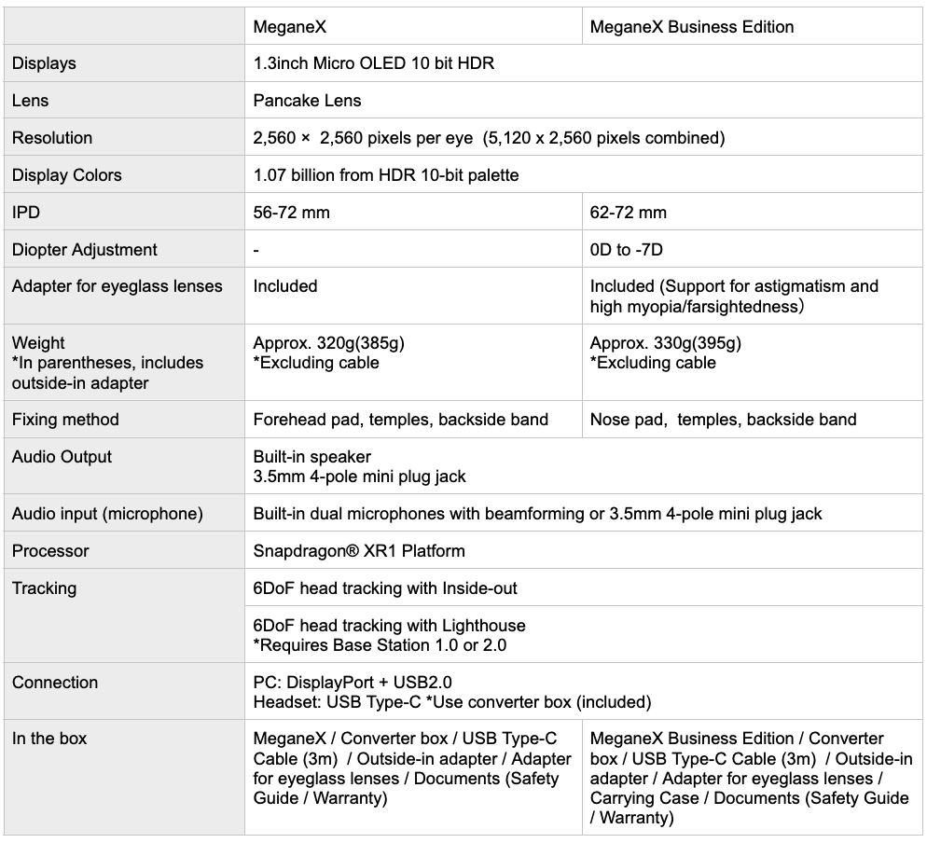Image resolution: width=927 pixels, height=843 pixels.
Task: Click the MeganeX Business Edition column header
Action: tap(692, 27)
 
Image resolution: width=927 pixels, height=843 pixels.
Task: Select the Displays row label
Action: tap(44, 63)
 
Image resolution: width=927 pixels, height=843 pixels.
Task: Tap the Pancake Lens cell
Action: tap(307, 101)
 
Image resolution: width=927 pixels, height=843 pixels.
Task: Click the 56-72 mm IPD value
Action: tap(291, 213)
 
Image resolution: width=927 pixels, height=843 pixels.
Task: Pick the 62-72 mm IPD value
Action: tap(628, 213)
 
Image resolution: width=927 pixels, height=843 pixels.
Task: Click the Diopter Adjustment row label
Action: tap(85, 250)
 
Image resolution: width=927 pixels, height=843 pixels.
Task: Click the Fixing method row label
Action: tap(65, 420)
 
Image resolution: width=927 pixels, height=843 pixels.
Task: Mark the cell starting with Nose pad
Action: tap(723, 420)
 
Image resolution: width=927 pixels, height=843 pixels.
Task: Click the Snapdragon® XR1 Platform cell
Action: tap(359, 551)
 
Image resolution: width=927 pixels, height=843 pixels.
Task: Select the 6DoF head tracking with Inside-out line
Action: tap(385, 588)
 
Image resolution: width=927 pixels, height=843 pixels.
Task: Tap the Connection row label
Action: tap(55, 683)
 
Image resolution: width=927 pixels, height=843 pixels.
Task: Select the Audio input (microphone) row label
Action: tap(107, 514)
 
